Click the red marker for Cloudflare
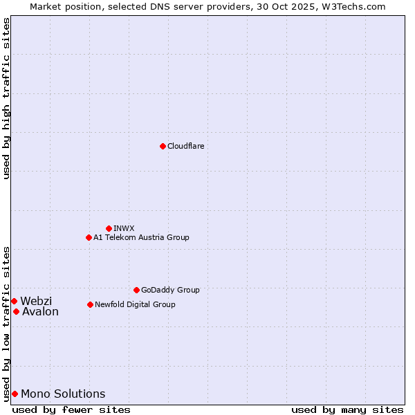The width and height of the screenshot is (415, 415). [x=163, y=146]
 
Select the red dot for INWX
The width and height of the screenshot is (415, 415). [x=109, y=228]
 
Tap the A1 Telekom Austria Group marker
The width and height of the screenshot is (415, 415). [x=89, y=237]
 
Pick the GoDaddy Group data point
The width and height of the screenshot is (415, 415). [x=136, y=290]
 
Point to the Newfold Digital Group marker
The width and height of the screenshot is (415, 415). [x=90, y=304]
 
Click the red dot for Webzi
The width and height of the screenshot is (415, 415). [x=14, y=301]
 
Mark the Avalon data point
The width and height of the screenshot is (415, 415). [x=16, y=311]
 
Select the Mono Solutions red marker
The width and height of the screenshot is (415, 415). [x=15, y=394]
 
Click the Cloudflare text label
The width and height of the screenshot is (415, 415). [x=185, y=146]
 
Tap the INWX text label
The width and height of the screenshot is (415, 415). [x=124, y=228]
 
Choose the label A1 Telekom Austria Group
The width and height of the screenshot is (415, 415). [x=141, y=237]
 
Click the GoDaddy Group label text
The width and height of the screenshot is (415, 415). [x=170, y=290]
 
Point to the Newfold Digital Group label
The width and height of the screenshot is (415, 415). [x=135, y=304]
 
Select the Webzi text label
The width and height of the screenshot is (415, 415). [x=36, y=301]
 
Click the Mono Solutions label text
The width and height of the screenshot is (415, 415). [x=63, y=394]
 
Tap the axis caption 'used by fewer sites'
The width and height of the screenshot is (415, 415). [x=71, y=409]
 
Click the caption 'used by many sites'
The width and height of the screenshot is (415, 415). [x=347, y=409]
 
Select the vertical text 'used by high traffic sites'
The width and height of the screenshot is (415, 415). [x=6, y=98]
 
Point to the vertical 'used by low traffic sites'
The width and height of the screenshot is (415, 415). [x=6, y=323]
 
